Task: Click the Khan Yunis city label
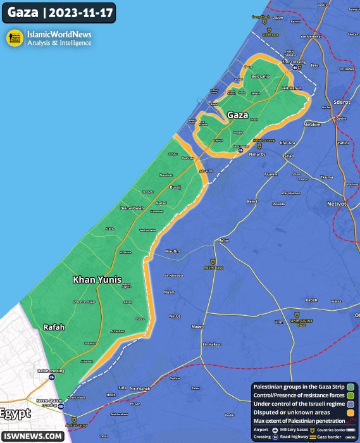pos(97,279)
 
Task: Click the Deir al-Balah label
pos(133,208)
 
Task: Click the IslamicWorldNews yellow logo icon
pos(15,38)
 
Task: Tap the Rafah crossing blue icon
pos(53,377)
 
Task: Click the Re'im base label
pos(214,268)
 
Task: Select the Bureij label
pos(176,187)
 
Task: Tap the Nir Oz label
pos(175,315)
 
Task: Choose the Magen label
pos(197,327)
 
